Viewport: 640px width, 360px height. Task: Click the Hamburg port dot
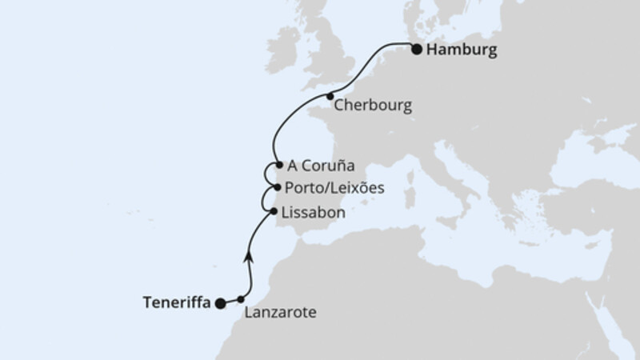click(417, 50)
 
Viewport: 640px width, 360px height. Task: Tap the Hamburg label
click(462, 50)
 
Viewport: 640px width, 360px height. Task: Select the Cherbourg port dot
click(330, 97)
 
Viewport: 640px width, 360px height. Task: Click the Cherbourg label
click(373, 106)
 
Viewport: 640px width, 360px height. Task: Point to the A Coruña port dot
click(278, 166)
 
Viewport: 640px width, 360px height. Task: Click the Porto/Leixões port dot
click(277, 188)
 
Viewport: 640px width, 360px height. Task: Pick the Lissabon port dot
click(274, 212)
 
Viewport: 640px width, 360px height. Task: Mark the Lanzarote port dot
click(241, 298)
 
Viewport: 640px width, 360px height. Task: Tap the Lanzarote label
click(282, 313)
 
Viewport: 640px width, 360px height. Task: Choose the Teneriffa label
click(176, 302)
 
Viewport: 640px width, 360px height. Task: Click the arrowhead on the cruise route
click(250, 255)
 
